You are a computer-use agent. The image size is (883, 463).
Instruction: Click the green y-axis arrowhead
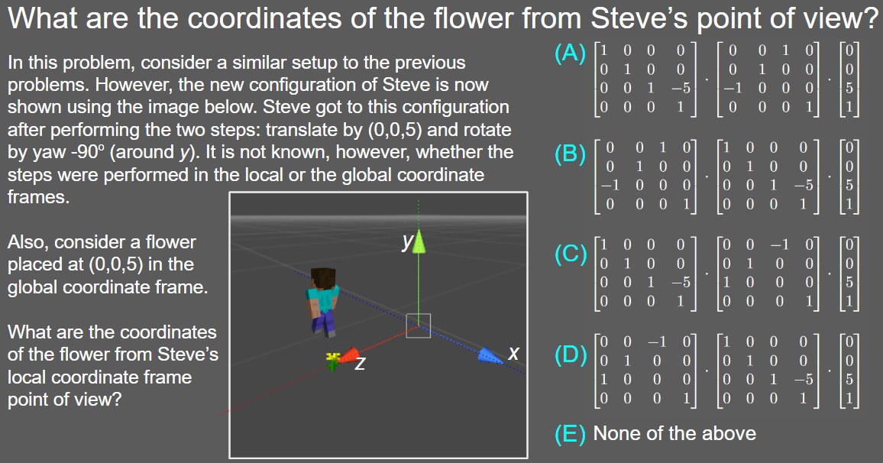coord(419,242)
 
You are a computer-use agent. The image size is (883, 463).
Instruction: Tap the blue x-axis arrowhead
coord(490,355)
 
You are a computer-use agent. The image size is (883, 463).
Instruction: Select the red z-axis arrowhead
coord(349,356)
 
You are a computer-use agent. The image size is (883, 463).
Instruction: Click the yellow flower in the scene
coord(333,361)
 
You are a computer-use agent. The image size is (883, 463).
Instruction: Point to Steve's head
coord(322,278)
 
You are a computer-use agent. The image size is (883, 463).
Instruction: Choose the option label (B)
coord(570,154)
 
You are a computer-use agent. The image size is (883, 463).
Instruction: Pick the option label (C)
coord(570,254)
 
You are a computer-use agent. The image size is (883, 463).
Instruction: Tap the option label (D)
coord(571,355)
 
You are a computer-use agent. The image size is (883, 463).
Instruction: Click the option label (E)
coord(570,434)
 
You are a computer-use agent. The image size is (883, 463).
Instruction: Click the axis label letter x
coord(513,353)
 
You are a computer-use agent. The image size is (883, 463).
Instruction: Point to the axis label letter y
coord(407,242)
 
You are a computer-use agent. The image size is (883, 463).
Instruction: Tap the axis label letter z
coord(360,364)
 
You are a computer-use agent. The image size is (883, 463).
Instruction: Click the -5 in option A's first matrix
coord(681,89)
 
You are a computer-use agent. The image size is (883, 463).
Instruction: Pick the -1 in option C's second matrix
coord(779,244)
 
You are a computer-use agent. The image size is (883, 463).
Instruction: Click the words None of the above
coord(674,433)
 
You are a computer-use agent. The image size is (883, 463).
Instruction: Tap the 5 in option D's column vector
coord(849,379)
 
